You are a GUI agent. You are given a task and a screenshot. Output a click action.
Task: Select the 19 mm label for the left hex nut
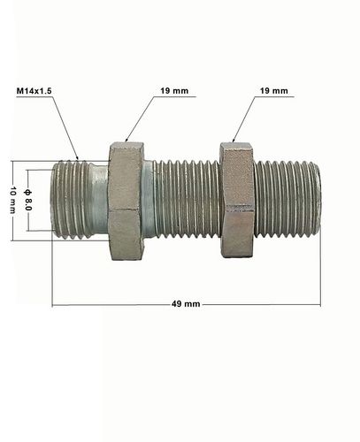(x=173, y=91)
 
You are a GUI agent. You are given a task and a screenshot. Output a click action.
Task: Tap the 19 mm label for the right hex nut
(x=276, y=91)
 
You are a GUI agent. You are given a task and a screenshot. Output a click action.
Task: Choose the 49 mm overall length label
(x=186, y=303)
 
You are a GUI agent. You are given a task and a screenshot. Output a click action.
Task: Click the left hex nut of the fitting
(x=125, y=202)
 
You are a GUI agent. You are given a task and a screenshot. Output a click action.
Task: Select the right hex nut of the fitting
(x=237, y=202)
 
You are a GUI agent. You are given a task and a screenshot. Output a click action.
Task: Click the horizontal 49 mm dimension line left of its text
(x=106, y=303)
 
